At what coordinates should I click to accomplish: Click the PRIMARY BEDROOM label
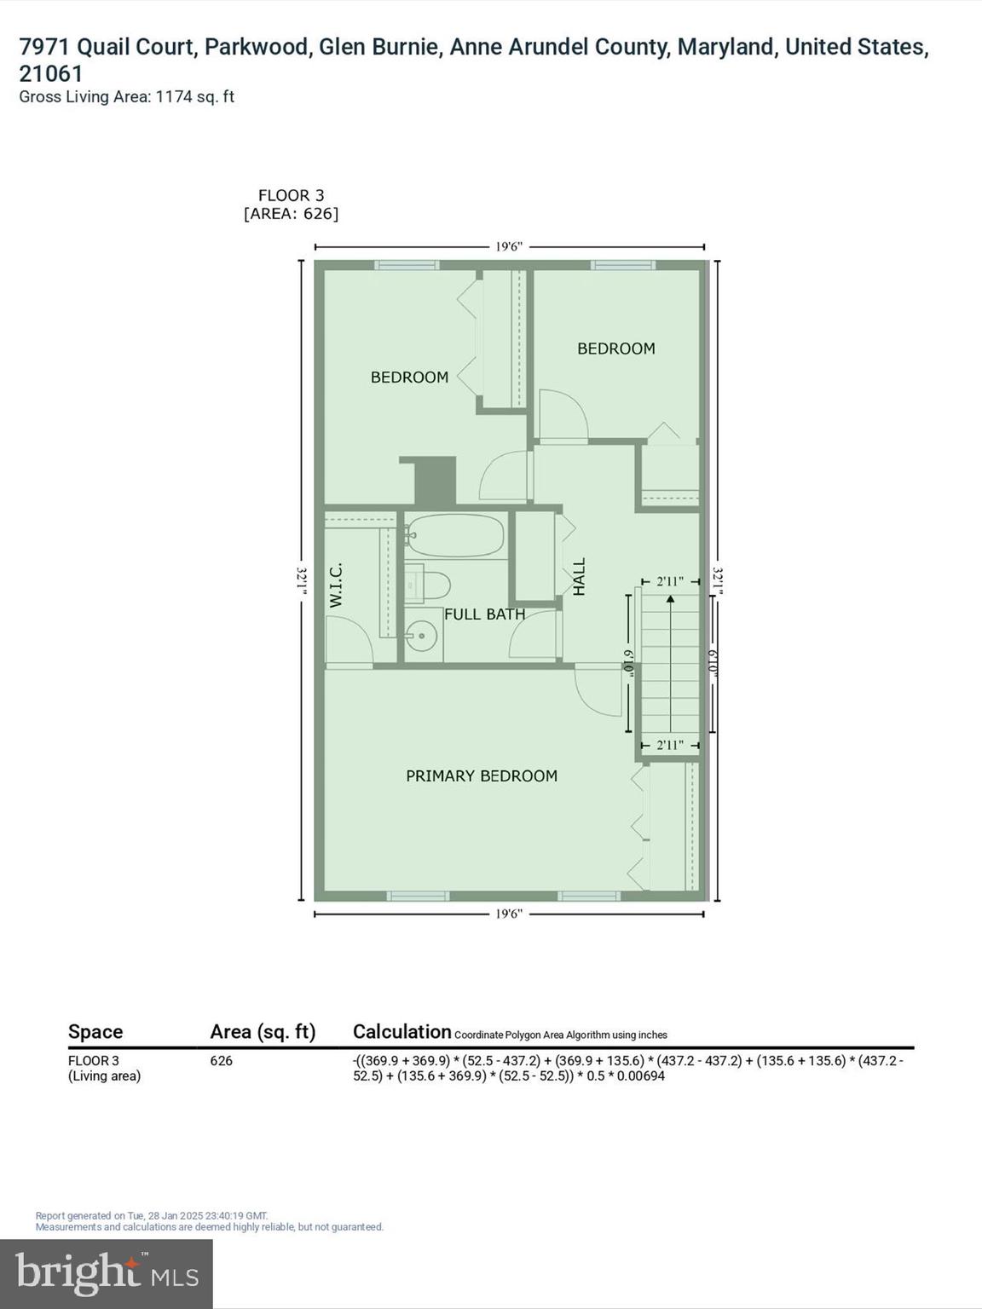[482, 776]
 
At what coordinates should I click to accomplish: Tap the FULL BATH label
[484, 614]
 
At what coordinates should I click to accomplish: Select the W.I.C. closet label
[336, 585]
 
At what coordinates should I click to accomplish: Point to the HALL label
[579, 577]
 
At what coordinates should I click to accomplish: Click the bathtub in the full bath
[455, 535]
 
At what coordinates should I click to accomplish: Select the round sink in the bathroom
[420, 635]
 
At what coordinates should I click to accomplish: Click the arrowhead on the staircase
[671, 599]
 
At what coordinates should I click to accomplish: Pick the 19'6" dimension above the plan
[509, 247]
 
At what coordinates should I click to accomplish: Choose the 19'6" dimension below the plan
[509, 914]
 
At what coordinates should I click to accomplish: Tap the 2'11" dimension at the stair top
[669, 582]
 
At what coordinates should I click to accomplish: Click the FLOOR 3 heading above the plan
[291, 195]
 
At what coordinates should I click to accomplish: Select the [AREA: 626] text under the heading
[291, 213]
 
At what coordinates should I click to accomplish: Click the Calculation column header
[401, 1031]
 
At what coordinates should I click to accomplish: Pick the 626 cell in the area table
[222, 1061]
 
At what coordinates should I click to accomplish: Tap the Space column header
[95, 1031]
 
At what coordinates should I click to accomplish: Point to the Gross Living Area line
[126, 96]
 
